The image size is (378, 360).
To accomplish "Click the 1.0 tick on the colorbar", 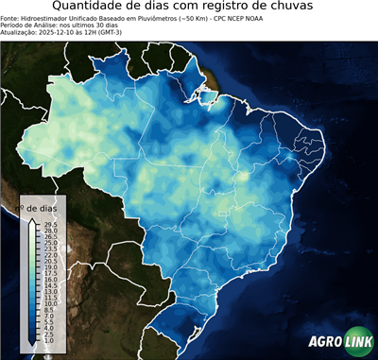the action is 50,340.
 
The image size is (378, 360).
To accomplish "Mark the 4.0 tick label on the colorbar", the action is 50,328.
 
